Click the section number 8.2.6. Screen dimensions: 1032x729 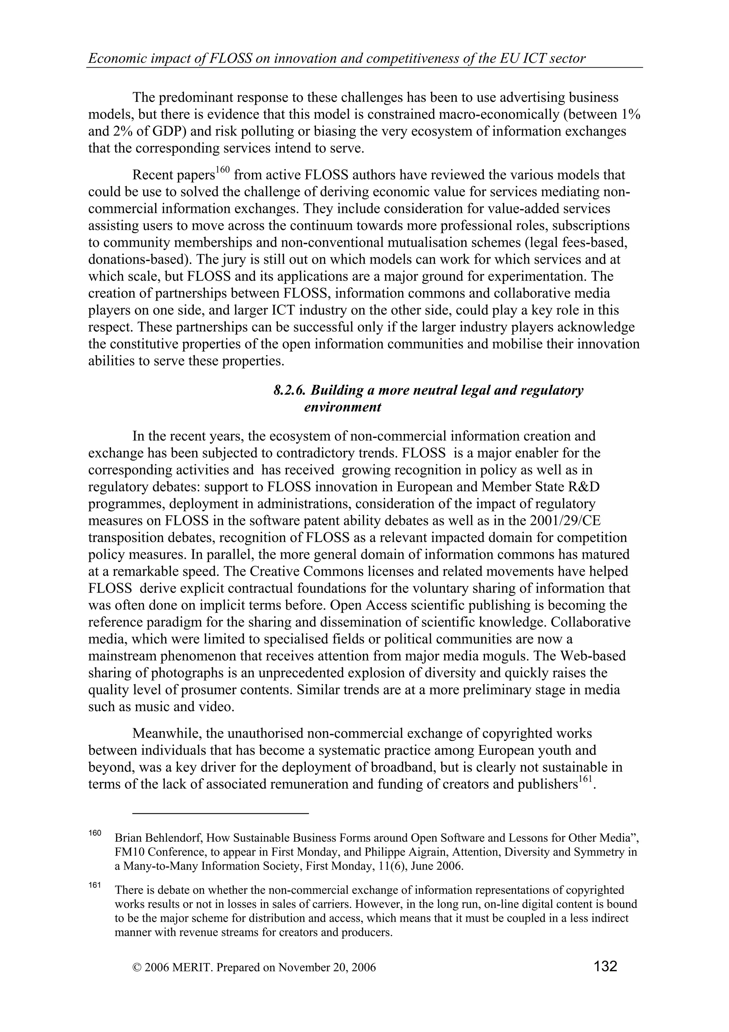point(290,390)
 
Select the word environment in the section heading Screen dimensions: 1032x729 point(343,407)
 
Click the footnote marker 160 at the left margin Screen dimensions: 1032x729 point(95,833)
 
